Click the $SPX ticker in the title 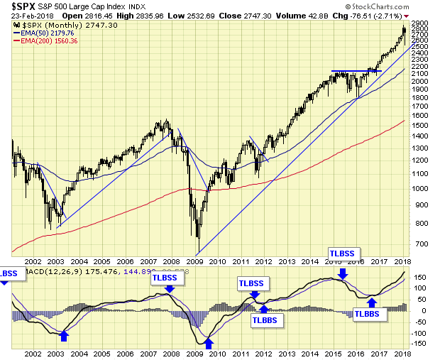19,6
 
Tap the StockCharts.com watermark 399,15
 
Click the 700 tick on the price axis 421,244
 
